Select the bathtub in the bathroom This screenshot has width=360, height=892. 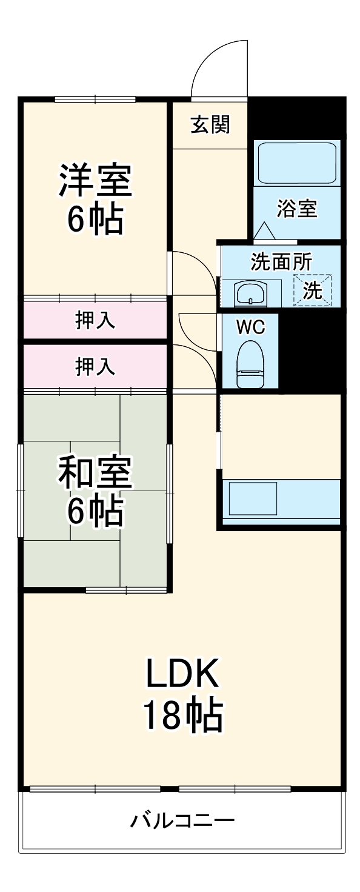(x=296, y=162)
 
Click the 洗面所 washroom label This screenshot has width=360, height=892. (x=281, y=262)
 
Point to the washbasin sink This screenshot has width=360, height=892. (x=250, y=294)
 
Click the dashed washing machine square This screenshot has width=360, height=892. (x=313, y=290)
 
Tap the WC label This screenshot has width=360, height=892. (x=250, y=327)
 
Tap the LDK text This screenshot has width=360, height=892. (x=181, y=672)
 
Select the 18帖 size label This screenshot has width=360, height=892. (x=181, y=715)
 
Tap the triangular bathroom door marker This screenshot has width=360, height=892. (x=264, y=231)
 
